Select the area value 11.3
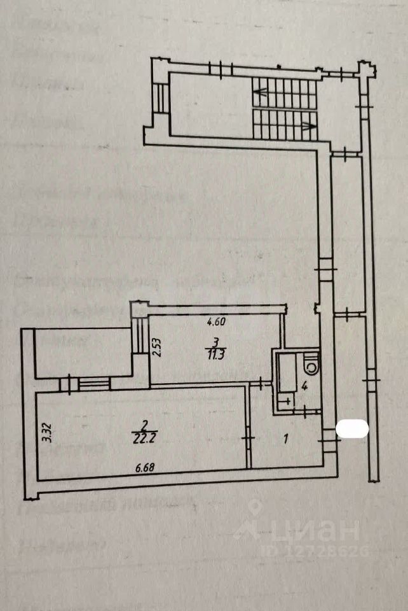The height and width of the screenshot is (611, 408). point(215,355)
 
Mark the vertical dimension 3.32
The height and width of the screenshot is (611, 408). point(45,433)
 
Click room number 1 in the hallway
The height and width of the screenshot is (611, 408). point(286,438)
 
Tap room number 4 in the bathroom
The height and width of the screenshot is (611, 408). point(304,386)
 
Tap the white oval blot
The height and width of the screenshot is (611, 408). point(352,428)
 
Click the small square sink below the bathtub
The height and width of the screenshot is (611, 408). point(285,401)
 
